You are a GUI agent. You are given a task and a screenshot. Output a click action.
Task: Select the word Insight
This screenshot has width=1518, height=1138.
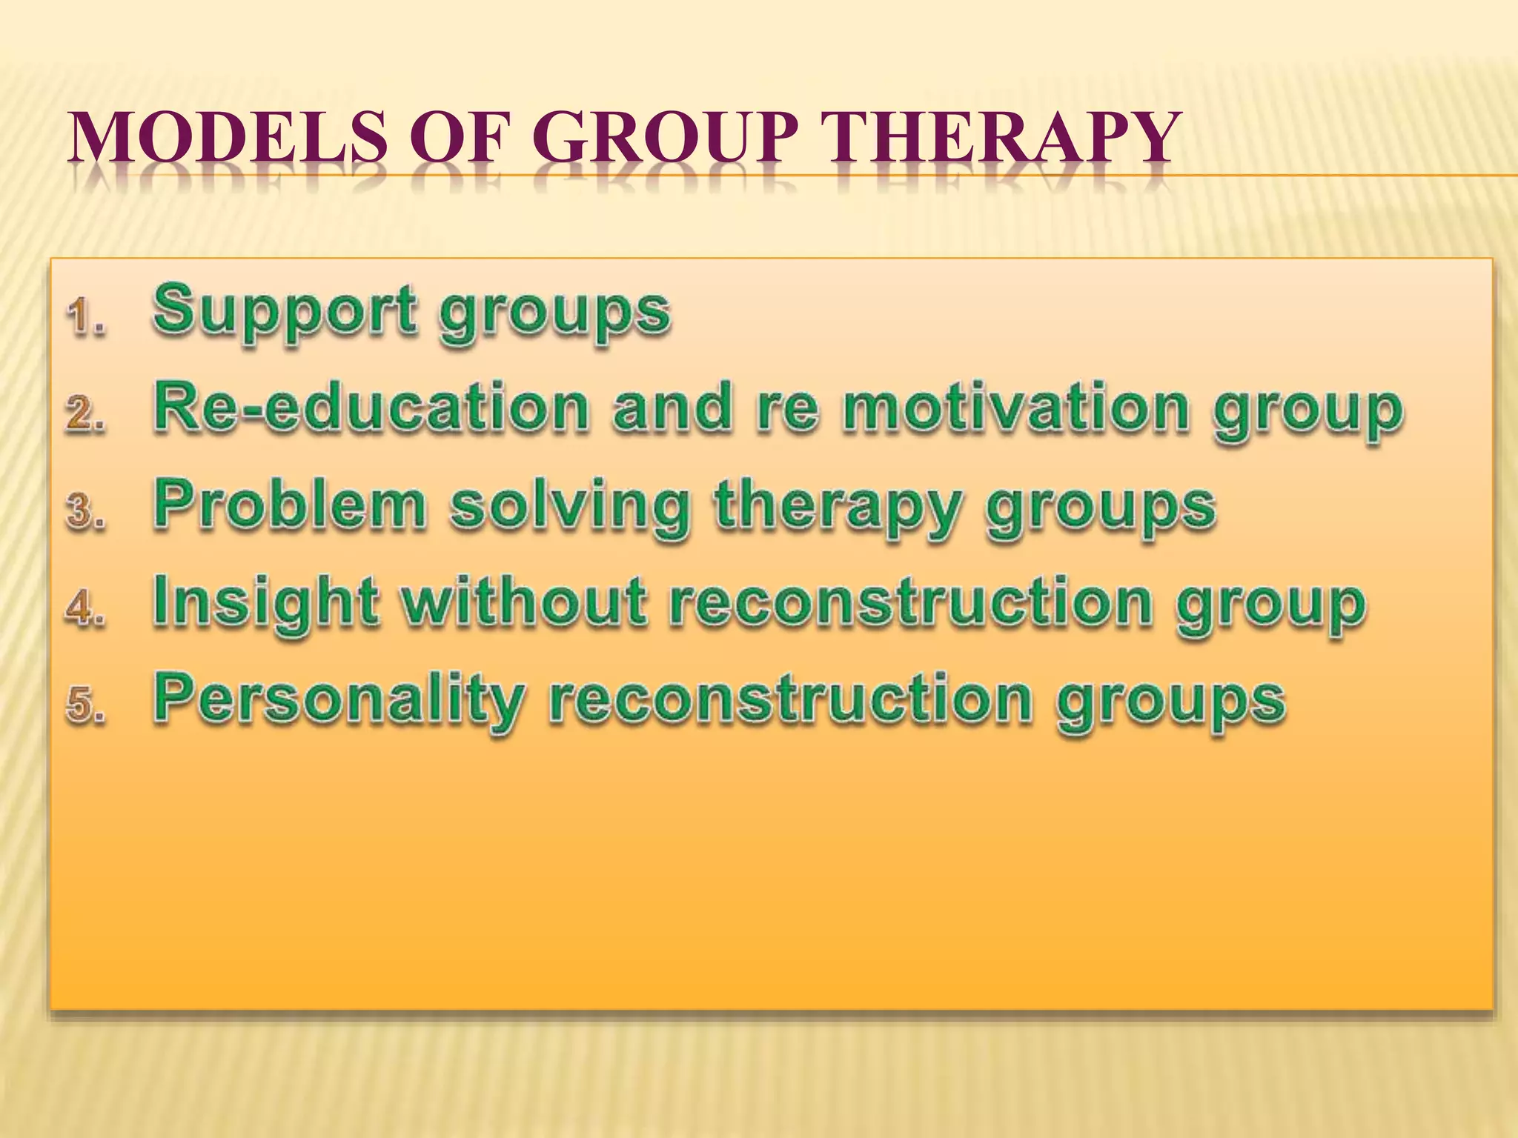pyautogui.click(x=265, y=602)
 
